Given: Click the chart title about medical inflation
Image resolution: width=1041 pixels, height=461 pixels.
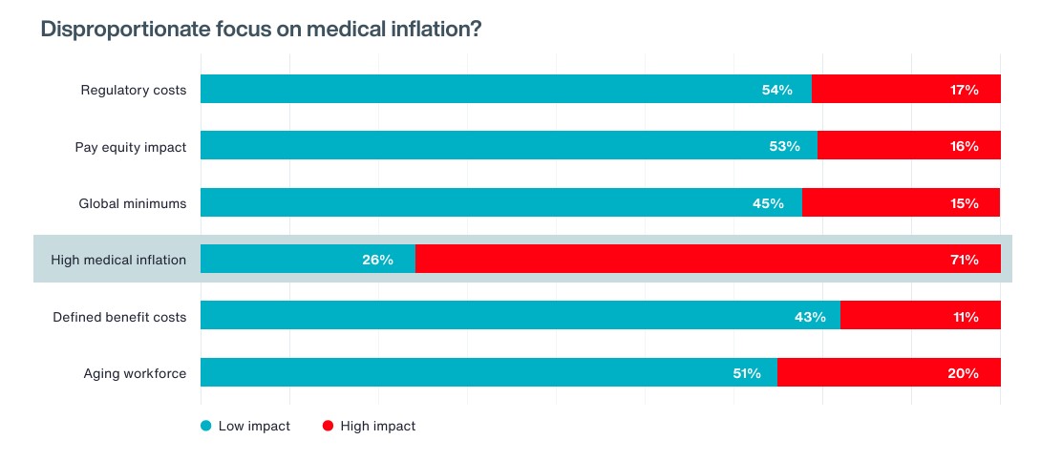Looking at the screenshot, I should (x=260, y=30).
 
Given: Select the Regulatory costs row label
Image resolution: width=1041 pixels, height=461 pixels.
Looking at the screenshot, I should (x=133, y=90).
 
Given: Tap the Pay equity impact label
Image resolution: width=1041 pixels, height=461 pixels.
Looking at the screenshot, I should (x=130, y=147).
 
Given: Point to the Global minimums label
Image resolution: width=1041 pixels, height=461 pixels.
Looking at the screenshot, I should (x=132, y=203).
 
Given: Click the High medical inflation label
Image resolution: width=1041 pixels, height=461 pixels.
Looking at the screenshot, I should (x=119, y=260).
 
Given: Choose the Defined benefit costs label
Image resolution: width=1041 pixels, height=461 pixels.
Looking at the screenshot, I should (x=119, y=317).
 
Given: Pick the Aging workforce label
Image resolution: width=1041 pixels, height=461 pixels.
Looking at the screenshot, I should (x=135, y=373).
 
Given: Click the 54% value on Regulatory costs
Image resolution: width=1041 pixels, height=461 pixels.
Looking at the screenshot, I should (x=776, y=90).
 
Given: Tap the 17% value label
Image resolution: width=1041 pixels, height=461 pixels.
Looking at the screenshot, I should (x=964, y=90).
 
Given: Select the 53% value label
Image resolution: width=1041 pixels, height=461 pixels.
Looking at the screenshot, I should (x=783, y=147).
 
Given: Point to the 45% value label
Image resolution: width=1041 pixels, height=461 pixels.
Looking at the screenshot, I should (x=768, y=203).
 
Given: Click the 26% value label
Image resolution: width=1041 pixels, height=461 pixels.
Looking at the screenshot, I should (x=377, y=260).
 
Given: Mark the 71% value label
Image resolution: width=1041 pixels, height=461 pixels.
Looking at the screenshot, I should (x=964, y=260).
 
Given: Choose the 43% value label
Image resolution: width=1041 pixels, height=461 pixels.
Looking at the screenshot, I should (x=809, y=317).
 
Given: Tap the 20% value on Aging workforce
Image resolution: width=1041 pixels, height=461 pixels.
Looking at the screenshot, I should (x=963, y=373).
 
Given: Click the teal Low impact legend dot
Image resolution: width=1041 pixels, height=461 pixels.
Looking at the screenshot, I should (x=205, y=427).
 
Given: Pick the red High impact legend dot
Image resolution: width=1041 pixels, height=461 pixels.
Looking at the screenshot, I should (x=328, y=427).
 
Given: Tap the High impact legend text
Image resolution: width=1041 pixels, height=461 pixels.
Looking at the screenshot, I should (x=377, y=427).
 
